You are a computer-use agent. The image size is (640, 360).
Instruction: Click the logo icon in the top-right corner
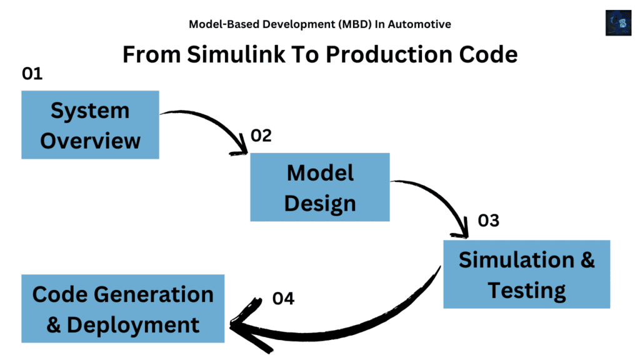point(618,22)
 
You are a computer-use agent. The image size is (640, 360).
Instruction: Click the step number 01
point(32,74)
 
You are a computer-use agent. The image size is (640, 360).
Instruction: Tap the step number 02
point(261,136)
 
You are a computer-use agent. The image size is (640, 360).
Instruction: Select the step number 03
point(489,221)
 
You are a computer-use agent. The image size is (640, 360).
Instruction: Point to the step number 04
point(283,299)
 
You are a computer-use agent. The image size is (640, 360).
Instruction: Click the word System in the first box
point(90,111)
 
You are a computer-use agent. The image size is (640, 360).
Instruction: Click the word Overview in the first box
point(90,140)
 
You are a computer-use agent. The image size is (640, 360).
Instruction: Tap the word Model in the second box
point(320,173)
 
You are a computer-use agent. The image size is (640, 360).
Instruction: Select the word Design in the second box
point(320,203)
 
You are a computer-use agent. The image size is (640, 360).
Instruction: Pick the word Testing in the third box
point(526,290)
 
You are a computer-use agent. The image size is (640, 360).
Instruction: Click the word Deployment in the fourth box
point(132,325)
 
